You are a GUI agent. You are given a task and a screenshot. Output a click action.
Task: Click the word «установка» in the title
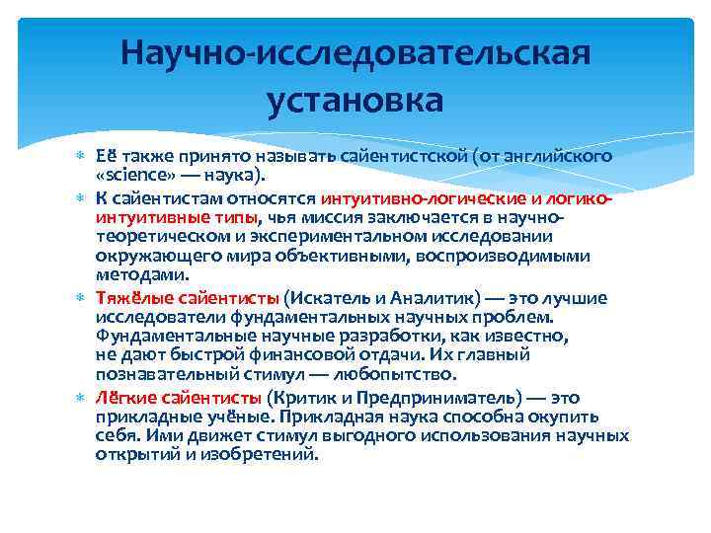click(x=355, y=100)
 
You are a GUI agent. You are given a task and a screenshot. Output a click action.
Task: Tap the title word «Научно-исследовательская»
click(x=355, y=51)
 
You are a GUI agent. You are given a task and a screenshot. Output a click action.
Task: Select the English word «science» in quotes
click(x=133, y=176)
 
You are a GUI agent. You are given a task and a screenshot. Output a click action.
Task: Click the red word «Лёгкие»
click(x=123, y=398)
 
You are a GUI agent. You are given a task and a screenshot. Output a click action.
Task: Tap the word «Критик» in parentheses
click(x=297, y=398)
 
